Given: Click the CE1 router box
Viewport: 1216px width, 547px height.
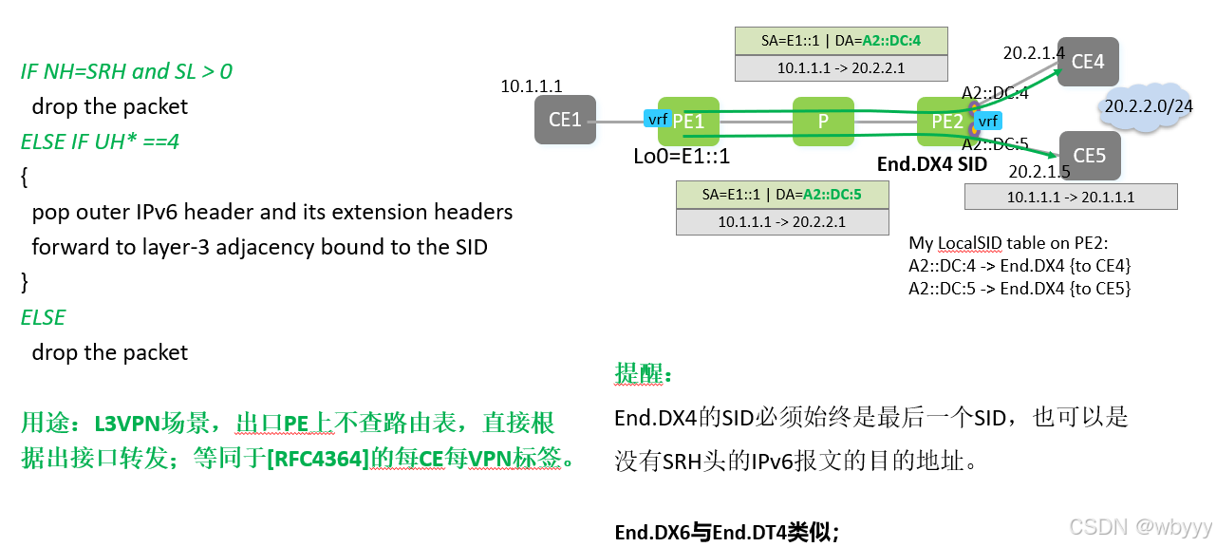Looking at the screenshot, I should point(565,120).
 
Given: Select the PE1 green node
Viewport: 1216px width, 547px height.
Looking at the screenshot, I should point(688,121).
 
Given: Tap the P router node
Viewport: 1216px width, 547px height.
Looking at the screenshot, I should point(824,121).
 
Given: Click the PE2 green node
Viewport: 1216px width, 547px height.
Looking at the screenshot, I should point(946,121).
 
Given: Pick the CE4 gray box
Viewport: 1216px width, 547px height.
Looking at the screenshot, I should point(1088,62).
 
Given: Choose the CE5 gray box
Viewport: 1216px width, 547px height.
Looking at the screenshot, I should point(1089,156).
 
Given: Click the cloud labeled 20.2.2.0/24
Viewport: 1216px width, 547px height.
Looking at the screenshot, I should point(1148,106).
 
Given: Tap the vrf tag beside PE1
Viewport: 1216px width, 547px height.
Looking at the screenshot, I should point(657,120).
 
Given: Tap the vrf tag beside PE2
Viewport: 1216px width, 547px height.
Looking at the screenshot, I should point(987,121).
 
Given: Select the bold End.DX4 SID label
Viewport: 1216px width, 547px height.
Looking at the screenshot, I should point(931,164).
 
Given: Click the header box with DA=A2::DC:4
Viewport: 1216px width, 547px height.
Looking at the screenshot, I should point(841,41).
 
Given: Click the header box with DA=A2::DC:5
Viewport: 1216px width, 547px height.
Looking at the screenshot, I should point(783,195).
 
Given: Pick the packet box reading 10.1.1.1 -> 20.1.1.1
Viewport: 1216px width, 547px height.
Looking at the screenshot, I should point(1070,198).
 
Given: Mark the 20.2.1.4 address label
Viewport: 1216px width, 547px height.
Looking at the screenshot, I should point(1034,54).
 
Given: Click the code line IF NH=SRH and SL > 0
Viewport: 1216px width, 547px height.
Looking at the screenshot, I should point(126,71).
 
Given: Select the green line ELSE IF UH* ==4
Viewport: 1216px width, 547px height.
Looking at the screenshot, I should point(101,141).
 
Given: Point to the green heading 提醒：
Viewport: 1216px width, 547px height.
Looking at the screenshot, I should point(644,374).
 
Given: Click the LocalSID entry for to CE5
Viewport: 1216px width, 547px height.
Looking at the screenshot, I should point(1020,288).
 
